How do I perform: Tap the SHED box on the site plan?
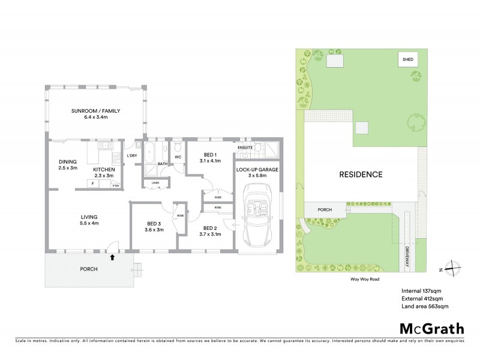(x=408, y=60)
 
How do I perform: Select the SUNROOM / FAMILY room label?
(x=95, y=111)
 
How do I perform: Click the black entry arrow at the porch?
(x=112, y=257)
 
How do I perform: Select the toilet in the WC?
(x=178, y=148)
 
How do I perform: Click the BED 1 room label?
(x=209, y=155)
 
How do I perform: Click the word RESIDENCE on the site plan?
(x=361, y=175)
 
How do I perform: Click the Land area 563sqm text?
(x=425, y=306)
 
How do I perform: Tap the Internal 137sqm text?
(x=422, y=290)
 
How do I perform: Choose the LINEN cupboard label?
(x=155, y=182)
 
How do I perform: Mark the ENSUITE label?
(x=244, y=147)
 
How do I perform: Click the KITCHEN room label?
(x=103, y=169)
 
